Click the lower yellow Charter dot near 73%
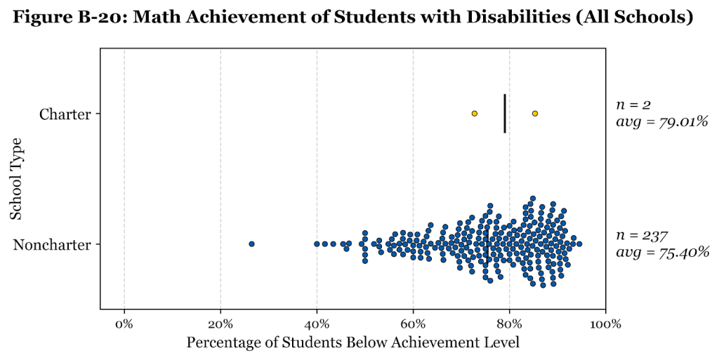(x=475, y=114)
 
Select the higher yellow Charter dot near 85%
(x=535, y=114)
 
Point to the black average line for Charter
(x=505, y=114)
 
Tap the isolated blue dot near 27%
(x=251, y=244)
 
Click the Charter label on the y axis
(x=65, y=114)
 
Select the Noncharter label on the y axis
(x=52, y=245)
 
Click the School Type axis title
(x=18, y=179)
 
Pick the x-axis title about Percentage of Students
(x=352, y=343)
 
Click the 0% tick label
(x=124, y=324)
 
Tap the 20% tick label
(x=220, y=324)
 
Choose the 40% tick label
(x=317, y=324)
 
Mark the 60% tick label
(x=413, y=324)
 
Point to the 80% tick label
(x=509, y=324)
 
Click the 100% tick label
(x=605, y=324)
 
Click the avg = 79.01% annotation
(x=660, y=122)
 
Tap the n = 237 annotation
(x=640, y=236)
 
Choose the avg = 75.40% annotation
(x=660, y=253)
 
